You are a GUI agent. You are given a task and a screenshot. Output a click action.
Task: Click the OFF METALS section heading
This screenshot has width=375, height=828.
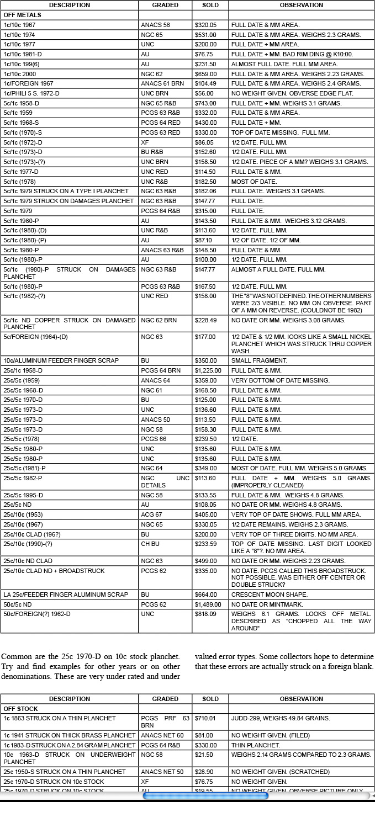pyautogui.click(x=23, y=15)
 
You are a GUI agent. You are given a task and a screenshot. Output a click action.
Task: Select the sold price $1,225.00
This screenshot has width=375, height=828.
pyautogui.click(x=208, y=370)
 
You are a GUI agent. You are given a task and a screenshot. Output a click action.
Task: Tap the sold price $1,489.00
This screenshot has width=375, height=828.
pyautogui.click(x=208, y=604)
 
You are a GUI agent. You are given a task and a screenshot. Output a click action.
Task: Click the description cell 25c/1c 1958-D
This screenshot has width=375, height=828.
pyautogui.click(x=23, y=370)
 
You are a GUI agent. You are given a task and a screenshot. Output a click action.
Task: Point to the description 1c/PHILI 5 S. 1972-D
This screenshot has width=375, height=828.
pyautogui.click(x=31, y=93)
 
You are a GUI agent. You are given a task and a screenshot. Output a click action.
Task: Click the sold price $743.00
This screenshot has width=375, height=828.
pyautogui.click(x=206, y=103)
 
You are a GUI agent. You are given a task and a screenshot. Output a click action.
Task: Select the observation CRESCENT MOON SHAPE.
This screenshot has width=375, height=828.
pyautogui.click(x=270, y=595)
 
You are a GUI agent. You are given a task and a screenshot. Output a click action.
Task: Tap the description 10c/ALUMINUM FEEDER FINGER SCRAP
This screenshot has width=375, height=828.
pyautogui.click(x=61, y=360)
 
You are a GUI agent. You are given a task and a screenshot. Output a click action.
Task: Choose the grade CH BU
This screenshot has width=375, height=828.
pyautogui.click(x=149, y=544)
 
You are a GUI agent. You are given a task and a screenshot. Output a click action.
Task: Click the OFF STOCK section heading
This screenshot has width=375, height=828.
pyautogui.click(x=20, y=709)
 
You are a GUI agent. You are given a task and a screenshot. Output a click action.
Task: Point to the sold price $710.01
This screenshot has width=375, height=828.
pyautogui.click(x=205, y=718)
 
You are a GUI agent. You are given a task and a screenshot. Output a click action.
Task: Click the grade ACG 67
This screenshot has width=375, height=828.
pyautogui.click(x=152, y=514)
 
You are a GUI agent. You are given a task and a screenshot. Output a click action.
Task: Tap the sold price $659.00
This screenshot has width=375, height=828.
pyautogui.click(x=206, y=74)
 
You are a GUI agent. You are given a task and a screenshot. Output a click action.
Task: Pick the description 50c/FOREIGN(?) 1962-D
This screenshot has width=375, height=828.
pyautogui.click(x=37, y=614)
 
